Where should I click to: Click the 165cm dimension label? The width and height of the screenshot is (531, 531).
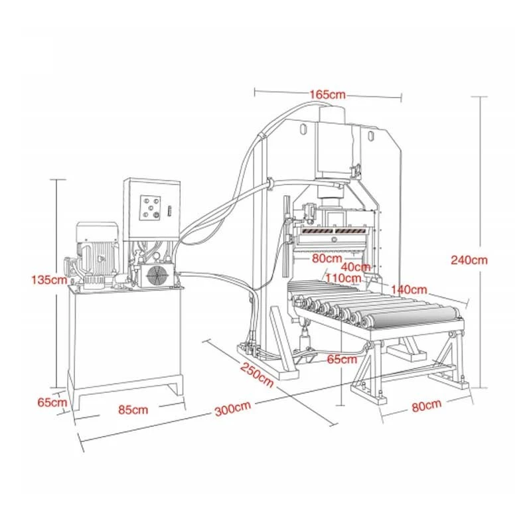(327, 94)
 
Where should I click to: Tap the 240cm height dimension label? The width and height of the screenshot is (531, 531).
(469, 260)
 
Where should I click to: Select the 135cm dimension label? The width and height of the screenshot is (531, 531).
(49, 280)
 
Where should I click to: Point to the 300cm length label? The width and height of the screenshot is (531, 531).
(233, 409)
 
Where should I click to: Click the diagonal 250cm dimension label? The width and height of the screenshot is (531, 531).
(257, 374)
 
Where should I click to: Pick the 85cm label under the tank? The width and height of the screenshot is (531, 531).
(133, 410)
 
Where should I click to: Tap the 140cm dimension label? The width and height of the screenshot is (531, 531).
(409, 290)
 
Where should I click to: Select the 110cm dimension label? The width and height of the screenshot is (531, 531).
(343, 278)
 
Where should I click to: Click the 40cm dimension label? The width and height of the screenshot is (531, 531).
(356, 267)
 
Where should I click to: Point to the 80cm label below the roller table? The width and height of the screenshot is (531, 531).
(427, 406)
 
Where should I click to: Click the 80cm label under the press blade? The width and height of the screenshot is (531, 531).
(327, 258)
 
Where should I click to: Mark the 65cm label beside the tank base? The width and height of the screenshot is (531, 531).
(52, 403)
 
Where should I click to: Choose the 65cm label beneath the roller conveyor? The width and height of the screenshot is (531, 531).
(342, 359)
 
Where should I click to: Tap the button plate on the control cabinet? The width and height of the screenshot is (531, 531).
(150, 208)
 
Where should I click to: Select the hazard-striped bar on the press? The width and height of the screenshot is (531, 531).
(334, 231)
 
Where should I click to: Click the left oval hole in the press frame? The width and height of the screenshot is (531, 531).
(303, 129)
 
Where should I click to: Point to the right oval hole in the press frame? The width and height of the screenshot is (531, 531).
(371, 135)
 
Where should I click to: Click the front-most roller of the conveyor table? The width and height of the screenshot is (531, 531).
(412, 318)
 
